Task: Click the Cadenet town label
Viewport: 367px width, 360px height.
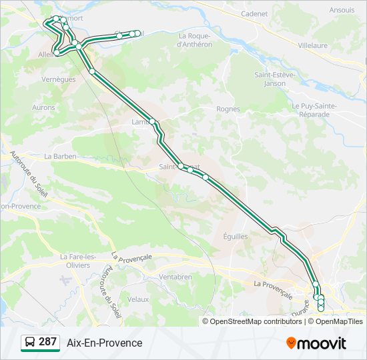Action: click(254, 13)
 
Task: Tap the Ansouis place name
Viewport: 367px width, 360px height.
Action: click(342, 11)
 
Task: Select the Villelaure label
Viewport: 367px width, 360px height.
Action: click(313, 45)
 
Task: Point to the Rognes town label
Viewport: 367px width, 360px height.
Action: click(228, 109)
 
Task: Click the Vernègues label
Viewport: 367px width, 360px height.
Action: click(57, 79)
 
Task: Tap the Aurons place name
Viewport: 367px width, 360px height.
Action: click(43, 107)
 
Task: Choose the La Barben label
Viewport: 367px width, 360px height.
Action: click(61, 156)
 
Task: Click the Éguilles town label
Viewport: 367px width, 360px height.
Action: click(234, 236)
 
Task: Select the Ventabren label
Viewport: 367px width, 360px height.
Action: click(175, 276)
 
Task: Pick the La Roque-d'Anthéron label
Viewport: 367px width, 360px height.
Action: click(194, 40)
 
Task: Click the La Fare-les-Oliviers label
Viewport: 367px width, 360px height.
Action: click(75, 260)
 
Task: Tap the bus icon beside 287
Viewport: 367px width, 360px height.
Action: click(29, 343)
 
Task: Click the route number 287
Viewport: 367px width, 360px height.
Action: click(47, 342)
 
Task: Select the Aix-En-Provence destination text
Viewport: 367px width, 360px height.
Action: click(105, 343)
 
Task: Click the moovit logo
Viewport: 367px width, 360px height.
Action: click(316, 343)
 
